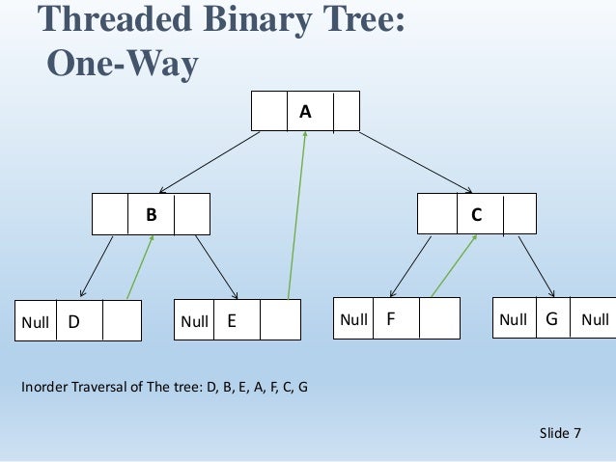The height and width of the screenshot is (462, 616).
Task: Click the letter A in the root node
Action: pyautogui.click(x=305, y=112)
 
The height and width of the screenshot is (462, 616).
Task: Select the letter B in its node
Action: pyautogui.click(x=151, y=215)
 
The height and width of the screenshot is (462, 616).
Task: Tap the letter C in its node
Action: pyautogui.click(x=476, y=215)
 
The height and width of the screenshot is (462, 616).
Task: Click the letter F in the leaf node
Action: pyautogui.click(x=390, y=318)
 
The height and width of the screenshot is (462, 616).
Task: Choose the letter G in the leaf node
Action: pyautogui.click(x=551, y=318)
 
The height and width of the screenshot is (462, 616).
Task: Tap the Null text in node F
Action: pyautogui.click(x=352, y=319)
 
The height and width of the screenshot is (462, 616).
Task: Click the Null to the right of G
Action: pyautogui.click(x=595, y=319)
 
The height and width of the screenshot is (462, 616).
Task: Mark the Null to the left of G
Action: pyautogui.click(x=513, y=319)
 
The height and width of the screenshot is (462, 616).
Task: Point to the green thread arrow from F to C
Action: pyautogui.click(x=454, y=265)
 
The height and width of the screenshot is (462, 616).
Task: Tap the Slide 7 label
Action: pyautogui.click(x=560, y=433)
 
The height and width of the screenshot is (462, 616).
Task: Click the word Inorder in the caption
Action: pyautogui.click(x=46, y=389)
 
